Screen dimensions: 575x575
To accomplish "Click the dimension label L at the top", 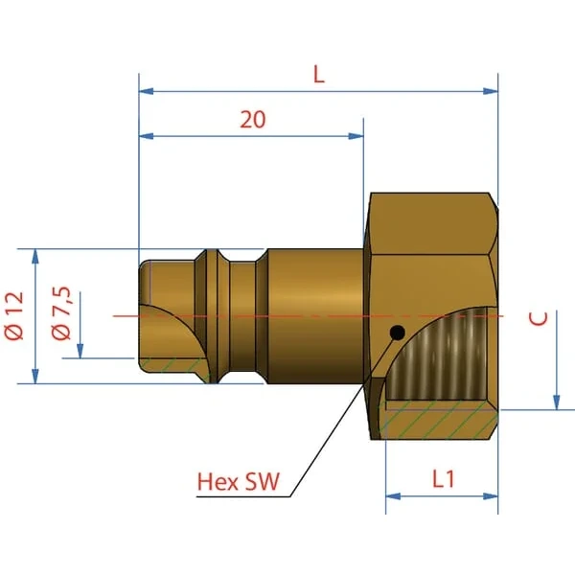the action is [319, 75].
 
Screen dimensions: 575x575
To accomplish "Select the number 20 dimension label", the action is [253, 119].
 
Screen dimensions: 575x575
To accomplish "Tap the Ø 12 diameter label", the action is [14, 315].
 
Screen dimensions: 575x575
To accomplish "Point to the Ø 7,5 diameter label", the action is [61, 313].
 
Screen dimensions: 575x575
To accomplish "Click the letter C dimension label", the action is [539, 318].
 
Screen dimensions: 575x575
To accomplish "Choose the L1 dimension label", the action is [444, 479].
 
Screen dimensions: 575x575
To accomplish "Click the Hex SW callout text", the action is [239, 481].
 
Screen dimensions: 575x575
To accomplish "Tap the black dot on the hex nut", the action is [398, 333].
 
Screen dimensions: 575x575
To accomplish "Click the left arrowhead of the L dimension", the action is [146, 91].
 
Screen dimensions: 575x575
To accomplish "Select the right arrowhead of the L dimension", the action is [491, 91].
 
